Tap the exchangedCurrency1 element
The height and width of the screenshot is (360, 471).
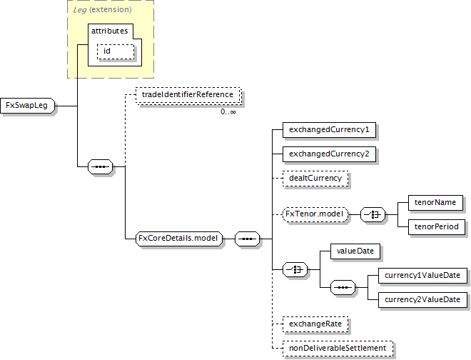329,130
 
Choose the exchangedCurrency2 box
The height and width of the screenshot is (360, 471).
329,154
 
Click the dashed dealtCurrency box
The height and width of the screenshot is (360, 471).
315,177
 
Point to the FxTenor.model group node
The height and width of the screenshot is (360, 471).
315,214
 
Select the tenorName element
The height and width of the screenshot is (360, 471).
435,202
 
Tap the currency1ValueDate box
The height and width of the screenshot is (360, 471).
422,275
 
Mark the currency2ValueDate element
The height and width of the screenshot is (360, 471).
422,299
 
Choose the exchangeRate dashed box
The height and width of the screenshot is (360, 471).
315,324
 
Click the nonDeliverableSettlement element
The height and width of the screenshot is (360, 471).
337,348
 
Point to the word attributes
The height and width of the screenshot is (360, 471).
109,31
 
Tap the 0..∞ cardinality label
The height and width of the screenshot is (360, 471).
228,111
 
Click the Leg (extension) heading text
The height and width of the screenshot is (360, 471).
102,9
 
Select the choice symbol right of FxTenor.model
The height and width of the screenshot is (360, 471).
373,214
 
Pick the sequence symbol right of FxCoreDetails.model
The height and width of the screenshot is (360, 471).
247,239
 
